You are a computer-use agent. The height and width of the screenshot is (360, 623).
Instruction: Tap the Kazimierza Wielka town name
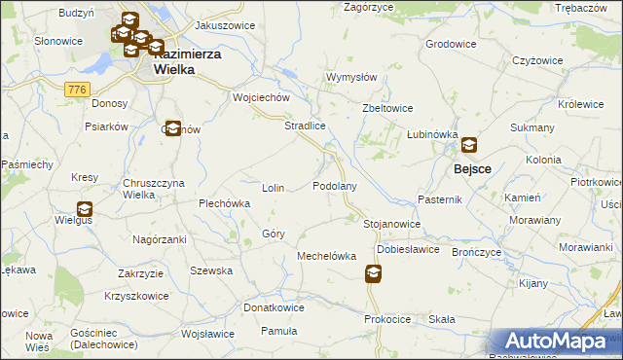tap(186, 61)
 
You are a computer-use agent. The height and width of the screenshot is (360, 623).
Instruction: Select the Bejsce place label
tap(472, 167)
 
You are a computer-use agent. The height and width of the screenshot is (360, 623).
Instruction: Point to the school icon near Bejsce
tap(469, 145)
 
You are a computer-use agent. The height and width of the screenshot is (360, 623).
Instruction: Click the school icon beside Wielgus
tap(85, 208)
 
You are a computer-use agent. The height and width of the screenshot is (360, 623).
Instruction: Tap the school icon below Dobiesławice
tap(374, 274)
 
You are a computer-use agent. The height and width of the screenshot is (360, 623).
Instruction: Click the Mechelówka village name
tap(326, 257)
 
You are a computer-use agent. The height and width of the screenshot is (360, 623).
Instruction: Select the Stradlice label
tap(304, 126)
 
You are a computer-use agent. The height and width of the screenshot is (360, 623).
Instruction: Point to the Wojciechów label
tap(263, 98)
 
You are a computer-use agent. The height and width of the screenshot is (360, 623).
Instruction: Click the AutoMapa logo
tap(558, 342)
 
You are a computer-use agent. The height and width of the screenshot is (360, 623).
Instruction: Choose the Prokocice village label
tap(387, 319)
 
